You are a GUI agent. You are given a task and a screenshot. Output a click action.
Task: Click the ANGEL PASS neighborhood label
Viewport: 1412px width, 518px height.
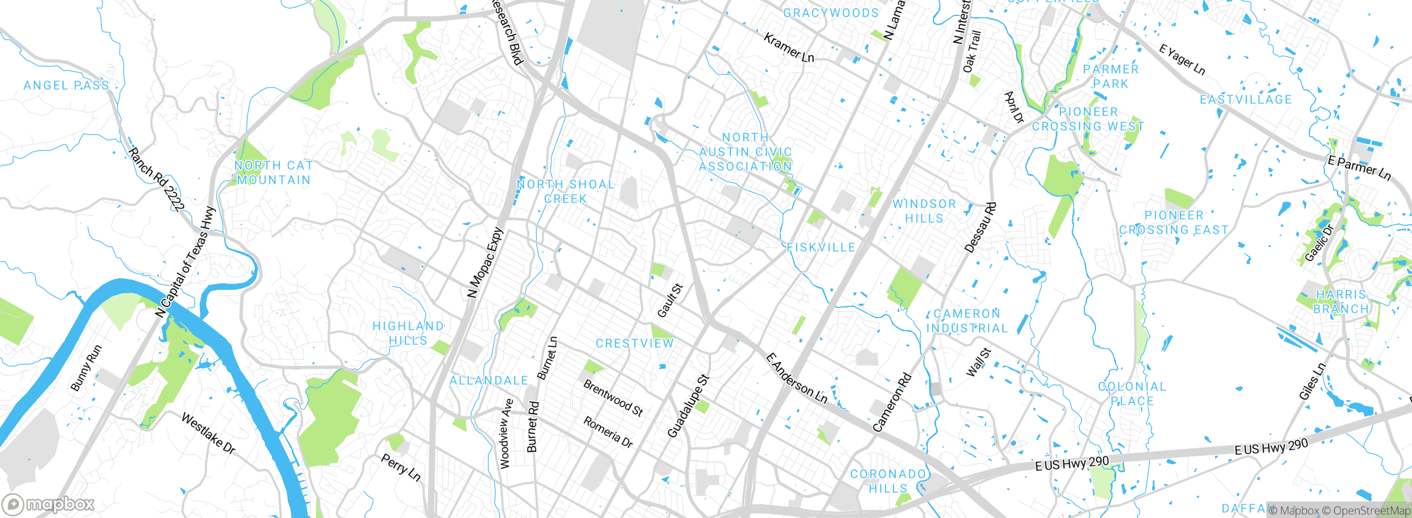click(66, 85)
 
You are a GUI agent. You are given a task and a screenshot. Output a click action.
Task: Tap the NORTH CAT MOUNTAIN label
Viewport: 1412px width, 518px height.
click(274, 172)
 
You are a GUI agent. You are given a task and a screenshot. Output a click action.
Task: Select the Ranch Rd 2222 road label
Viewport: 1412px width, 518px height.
click(157, 179)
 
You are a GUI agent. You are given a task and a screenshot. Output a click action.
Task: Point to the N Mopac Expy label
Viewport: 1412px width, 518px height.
click(485, 263)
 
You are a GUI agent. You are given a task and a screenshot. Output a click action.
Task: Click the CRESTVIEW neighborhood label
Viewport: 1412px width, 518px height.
click(635, 343)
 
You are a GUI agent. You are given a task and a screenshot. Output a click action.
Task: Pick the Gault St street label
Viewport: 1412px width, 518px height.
click(670, 300)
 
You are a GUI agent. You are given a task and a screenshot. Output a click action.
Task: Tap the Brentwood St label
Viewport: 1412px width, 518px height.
click(613, 398)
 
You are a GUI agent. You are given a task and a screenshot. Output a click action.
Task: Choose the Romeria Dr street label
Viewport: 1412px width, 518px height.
click(608, 432)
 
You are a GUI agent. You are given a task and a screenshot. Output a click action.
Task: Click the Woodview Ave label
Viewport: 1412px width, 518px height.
click(506, 434)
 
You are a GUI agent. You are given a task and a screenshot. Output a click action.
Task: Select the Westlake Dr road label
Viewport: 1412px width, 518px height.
click(208, 434)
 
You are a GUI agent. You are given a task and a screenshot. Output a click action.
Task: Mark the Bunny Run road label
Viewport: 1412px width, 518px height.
click(86, 368)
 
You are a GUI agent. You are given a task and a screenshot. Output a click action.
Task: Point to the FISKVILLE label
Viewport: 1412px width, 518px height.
click(821, 247)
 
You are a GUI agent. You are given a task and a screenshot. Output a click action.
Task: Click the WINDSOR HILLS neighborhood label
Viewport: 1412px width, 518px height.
click(924, 211)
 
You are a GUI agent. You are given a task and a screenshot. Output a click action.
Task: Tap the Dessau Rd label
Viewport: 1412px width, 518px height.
click(981, 228)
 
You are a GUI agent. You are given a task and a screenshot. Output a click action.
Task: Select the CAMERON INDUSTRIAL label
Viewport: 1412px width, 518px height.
click(967, 321)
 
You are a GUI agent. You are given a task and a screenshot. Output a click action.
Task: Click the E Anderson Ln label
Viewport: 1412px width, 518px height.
click(796, 379)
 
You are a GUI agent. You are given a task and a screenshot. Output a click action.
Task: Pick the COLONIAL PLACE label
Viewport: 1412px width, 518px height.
click(1132, 393)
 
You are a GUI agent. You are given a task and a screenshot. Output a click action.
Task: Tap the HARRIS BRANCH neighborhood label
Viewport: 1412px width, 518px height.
click(1341, 301)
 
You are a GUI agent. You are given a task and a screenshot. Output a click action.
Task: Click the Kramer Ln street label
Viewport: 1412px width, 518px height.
click(789, 47)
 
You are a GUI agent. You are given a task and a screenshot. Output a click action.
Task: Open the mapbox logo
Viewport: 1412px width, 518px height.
click(49, 504)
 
